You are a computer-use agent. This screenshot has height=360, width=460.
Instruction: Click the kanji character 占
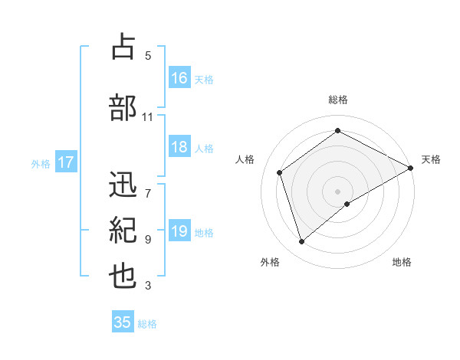click(123, 47)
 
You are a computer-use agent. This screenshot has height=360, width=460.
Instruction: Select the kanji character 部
click(123, 107)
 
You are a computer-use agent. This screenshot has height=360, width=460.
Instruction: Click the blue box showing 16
click(179, 78)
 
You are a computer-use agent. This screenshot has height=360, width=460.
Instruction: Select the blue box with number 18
click(179, 147)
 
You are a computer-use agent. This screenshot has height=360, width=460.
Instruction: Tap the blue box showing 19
click(179, 231)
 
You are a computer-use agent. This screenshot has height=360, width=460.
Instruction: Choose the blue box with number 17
click(65, 162)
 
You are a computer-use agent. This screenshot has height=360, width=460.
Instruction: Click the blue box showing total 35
click(123, 322)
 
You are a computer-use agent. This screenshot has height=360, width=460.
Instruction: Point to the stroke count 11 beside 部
click(147, 117)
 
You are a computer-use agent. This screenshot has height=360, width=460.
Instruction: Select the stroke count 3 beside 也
click(148, 286)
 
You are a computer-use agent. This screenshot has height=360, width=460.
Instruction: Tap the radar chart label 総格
click(338, 100)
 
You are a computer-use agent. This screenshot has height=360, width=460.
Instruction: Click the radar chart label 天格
click(431, 159)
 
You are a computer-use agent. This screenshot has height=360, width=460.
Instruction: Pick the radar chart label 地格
click(402, 263)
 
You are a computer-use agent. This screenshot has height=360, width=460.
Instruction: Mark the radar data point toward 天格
click(411, 168)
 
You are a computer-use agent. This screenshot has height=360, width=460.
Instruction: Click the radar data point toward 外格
click(301, 242)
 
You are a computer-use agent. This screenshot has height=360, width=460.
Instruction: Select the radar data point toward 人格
click(280, 172)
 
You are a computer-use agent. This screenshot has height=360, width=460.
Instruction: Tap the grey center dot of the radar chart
click(338, 191)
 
